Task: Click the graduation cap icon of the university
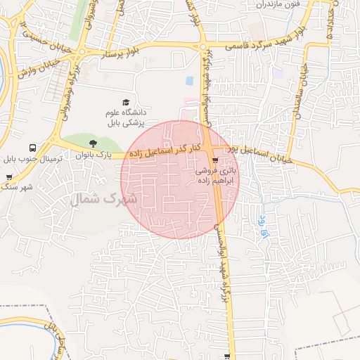pos(126,103)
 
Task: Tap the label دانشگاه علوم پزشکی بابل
pos(125,117)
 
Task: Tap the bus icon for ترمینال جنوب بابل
pos(32,148)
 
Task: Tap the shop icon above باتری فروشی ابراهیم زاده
pos(225,159)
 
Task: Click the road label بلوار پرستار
pos(126,51)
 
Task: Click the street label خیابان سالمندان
pos(304,94)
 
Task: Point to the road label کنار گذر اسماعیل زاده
pos(164,150)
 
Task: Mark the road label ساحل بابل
pos(56,335)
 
